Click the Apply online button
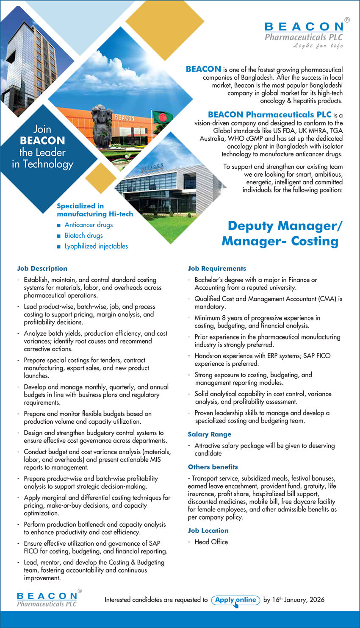235,600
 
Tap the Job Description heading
42,268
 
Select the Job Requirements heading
217,268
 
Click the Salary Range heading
210,434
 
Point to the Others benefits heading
213,467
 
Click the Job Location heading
208,531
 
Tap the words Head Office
211,542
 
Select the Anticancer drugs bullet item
89,225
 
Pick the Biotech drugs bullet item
83,235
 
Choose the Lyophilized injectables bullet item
96,246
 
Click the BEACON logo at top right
304,32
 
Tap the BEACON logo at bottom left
47,599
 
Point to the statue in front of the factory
102,125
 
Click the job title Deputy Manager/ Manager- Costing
281,233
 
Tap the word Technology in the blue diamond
48,164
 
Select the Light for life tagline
318,46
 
